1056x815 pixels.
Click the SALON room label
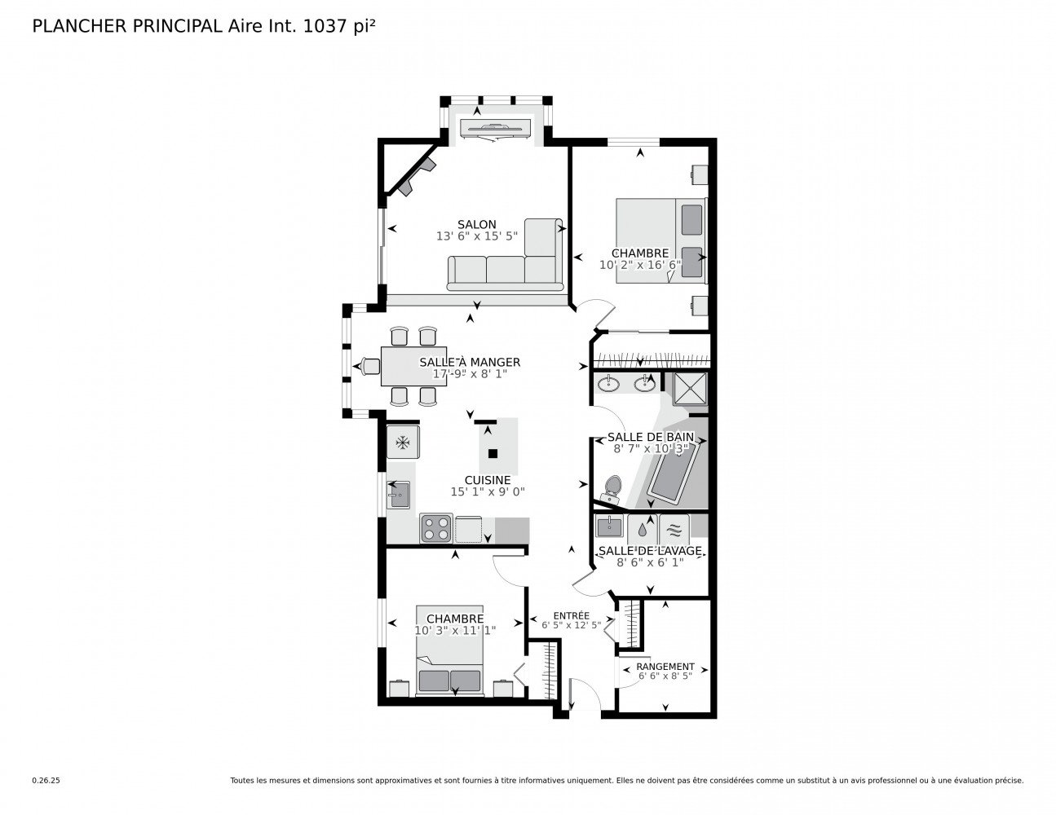476,224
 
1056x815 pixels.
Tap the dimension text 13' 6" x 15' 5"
476,236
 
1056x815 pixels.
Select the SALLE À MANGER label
470,362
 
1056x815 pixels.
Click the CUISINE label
488,480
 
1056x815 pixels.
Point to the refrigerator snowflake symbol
402,442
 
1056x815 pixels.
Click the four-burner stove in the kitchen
436,528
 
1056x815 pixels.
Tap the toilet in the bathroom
612,489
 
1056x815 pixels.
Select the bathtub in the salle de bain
673,470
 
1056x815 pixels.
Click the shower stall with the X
690,389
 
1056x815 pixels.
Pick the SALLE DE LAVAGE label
650,551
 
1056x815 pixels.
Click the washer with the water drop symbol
642,529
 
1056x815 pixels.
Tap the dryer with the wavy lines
674,529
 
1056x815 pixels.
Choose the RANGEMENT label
665,667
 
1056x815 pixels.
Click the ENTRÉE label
571,615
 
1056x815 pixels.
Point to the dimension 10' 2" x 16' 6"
639,265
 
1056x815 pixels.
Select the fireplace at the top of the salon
495,129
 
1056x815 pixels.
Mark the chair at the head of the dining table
370,366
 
